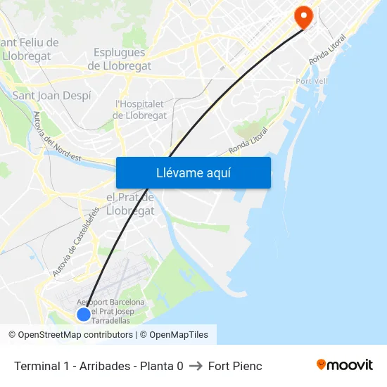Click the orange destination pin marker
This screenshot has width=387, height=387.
pyautogui.click(x=304, y=17)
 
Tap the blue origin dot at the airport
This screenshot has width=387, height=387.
pyautogui.click(x=83, y=314)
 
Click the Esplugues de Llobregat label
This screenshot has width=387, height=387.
pyautogui.click(x=119, y=59)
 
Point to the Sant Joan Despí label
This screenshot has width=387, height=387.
pyautogui.click(x=52, y=95)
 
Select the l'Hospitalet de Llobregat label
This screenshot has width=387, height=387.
pyautogui.click(x=140, y=109)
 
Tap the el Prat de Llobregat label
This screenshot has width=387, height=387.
pyautogui.click(x=130, y=204)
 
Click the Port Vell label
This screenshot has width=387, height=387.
pyautogui.click(x=313, y=82)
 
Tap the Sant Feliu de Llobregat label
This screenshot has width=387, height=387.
pyautogui.click(x=30, y=49)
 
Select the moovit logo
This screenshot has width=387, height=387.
pyautogui.click(x=345, y=364)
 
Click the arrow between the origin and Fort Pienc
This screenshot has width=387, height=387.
pyautogui.click(x=196, y=366)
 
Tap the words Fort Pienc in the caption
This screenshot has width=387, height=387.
pyautogui.click(x=235, y=366)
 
